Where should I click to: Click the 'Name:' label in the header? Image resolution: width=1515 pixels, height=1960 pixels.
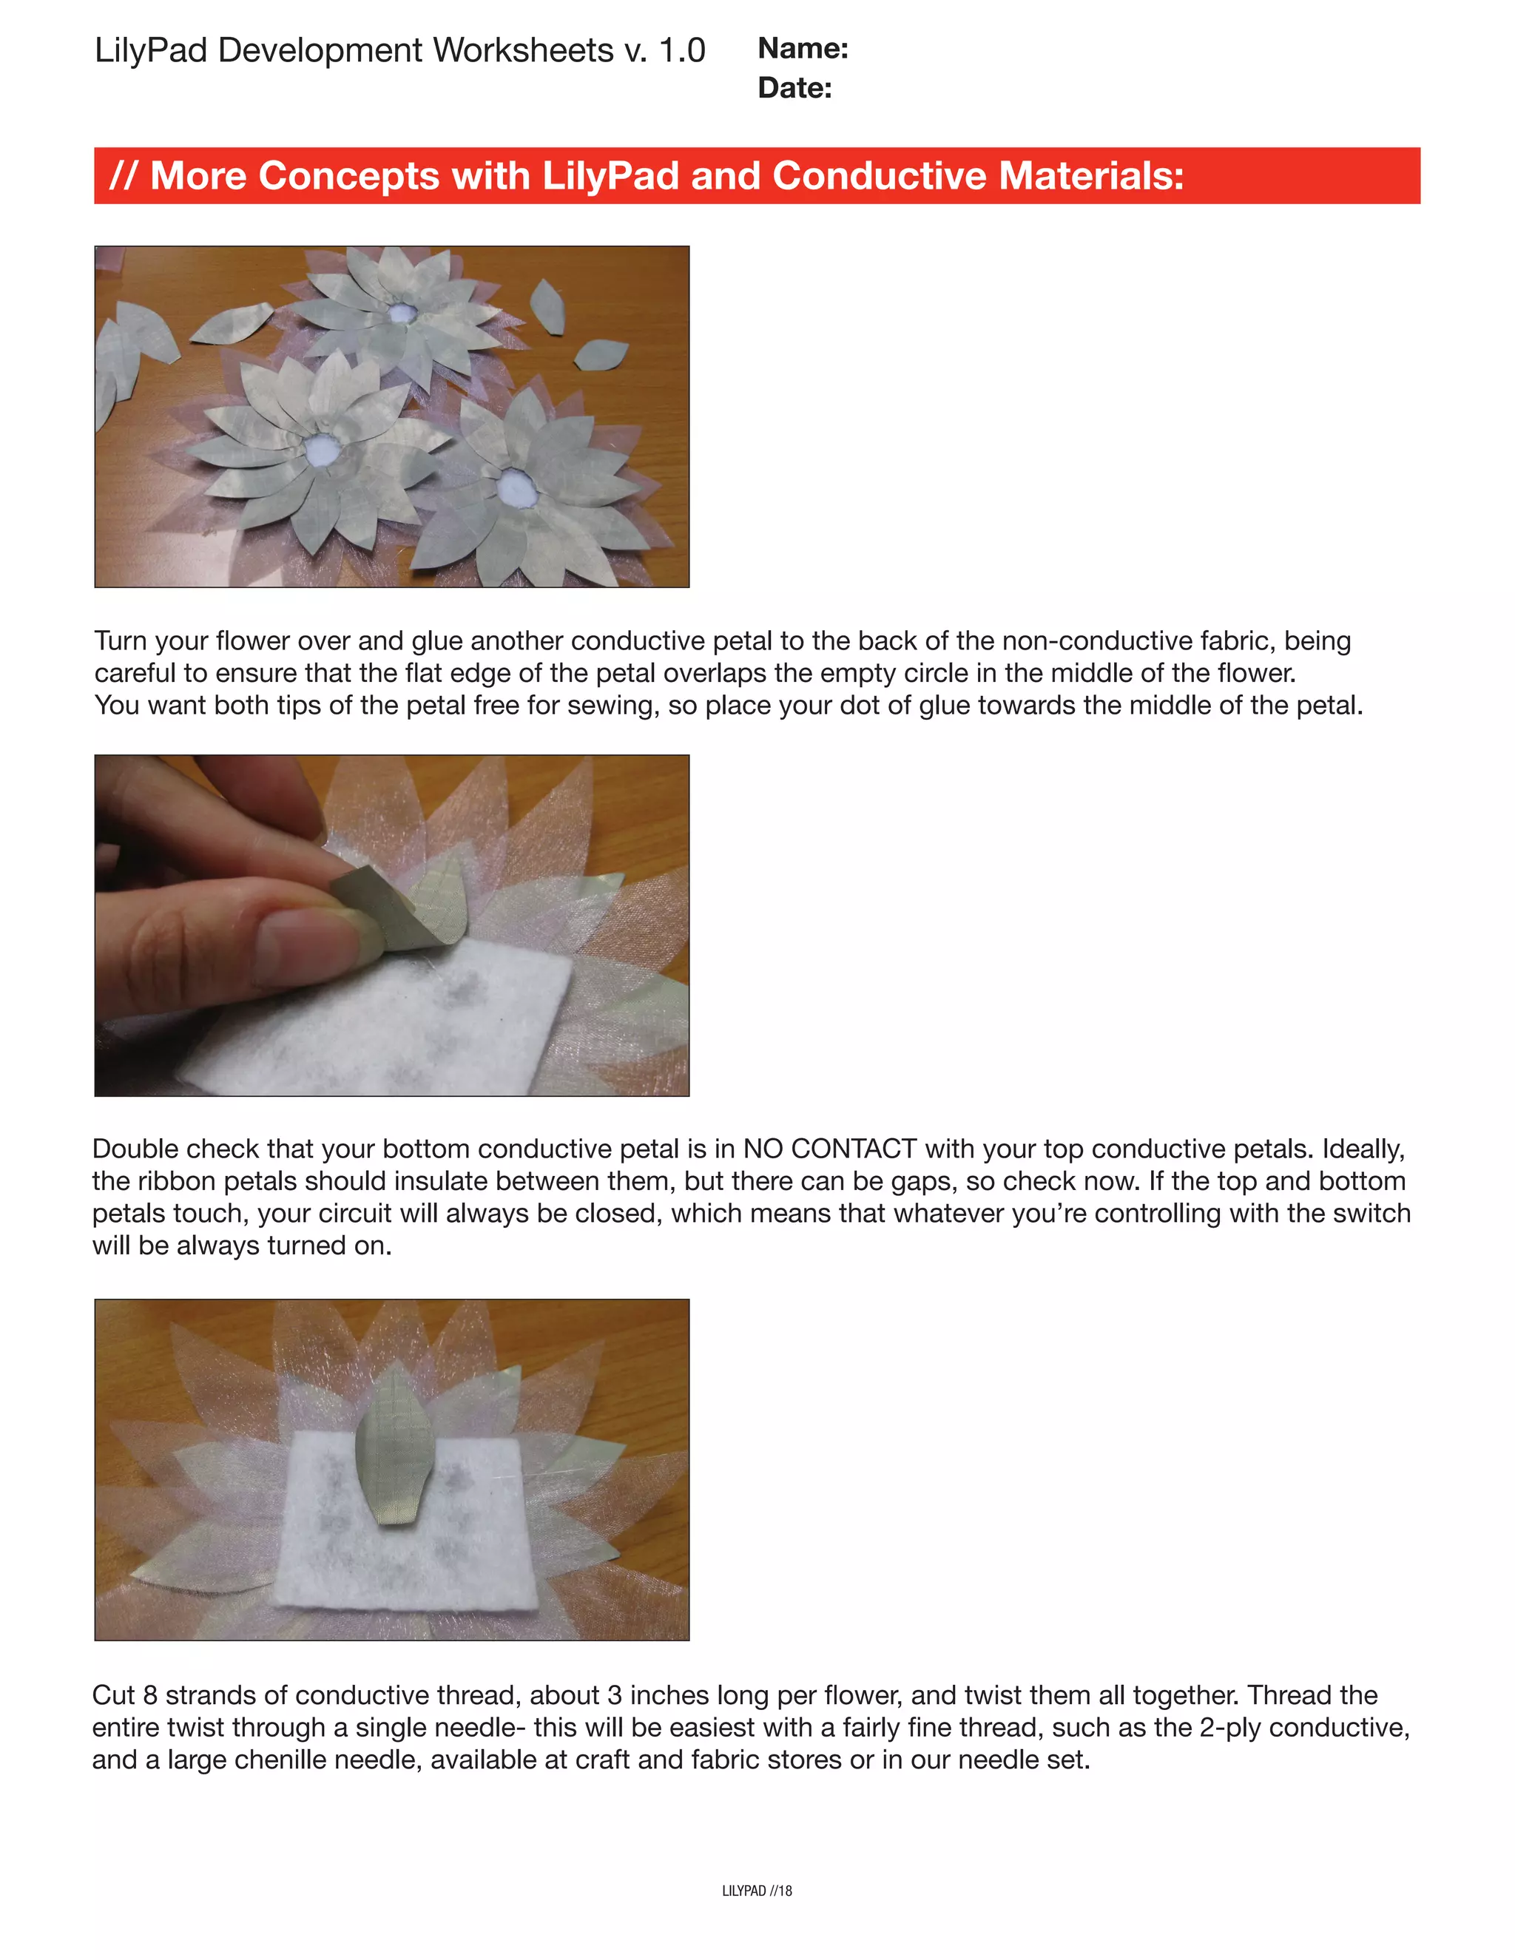[x=803, y=49]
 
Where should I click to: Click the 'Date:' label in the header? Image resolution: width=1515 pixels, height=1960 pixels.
[x=794, y=88]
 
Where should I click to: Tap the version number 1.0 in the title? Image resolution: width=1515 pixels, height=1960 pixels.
[x=681, y=50]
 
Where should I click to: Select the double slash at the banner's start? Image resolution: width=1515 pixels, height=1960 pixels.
[x=122, y=176]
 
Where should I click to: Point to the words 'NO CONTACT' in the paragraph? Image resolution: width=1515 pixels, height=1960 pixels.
[x=829, y=1149]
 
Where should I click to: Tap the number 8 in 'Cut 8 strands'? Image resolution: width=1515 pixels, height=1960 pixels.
[x=150, y=1695]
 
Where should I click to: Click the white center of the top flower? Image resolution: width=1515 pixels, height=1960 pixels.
[x=400, y=314]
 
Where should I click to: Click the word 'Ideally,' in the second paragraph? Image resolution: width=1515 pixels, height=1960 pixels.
[x=1363, y=1149]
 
